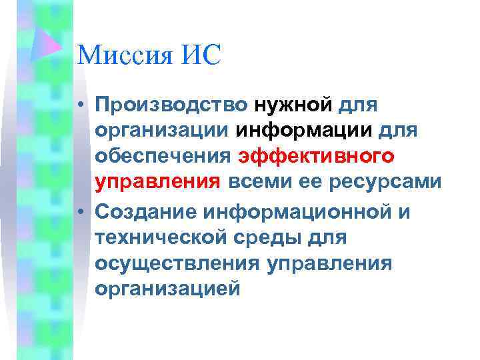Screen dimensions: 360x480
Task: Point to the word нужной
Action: (293, 105)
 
